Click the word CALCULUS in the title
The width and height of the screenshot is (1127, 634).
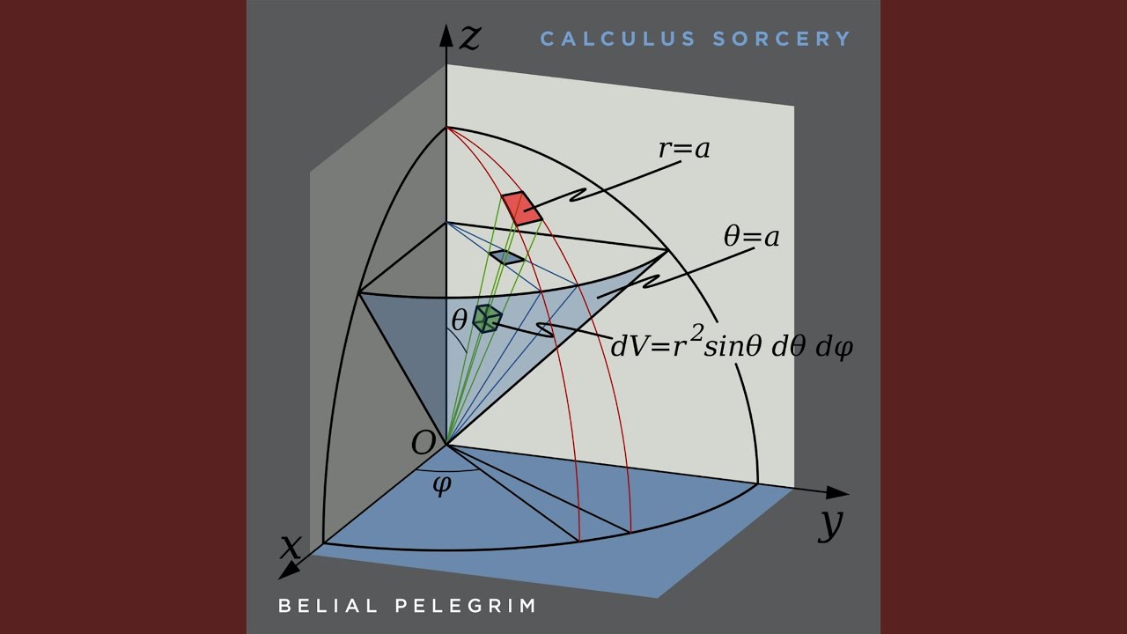618,39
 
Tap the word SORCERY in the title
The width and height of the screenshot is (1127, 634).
782,39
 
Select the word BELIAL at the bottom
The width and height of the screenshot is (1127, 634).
328,605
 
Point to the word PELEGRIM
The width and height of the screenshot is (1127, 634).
466,605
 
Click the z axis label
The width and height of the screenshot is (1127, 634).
470,38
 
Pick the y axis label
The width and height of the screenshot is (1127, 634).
829,525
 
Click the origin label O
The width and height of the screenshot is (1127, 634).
423,443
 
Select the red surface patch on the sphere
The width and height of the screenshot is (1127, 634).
522,208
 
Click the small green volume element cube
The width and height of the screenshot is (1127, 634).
487,319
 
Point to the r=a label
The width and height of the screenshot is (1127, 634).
684,149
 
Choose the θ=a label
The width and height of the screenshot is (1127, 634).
751,236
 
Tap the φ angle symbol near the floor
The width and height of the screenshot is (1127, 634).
442,485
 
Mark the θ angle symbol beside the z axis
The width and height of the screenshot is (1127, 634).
459,320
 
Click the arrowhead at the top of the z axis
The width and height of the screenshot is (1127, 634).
446,35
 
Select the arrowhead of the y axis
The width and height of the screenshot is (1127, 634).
837,492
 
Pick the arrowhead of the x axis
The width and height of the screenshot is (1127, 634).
289,571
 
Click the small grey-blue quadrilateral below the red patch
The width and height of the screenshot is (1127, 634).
506,257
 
